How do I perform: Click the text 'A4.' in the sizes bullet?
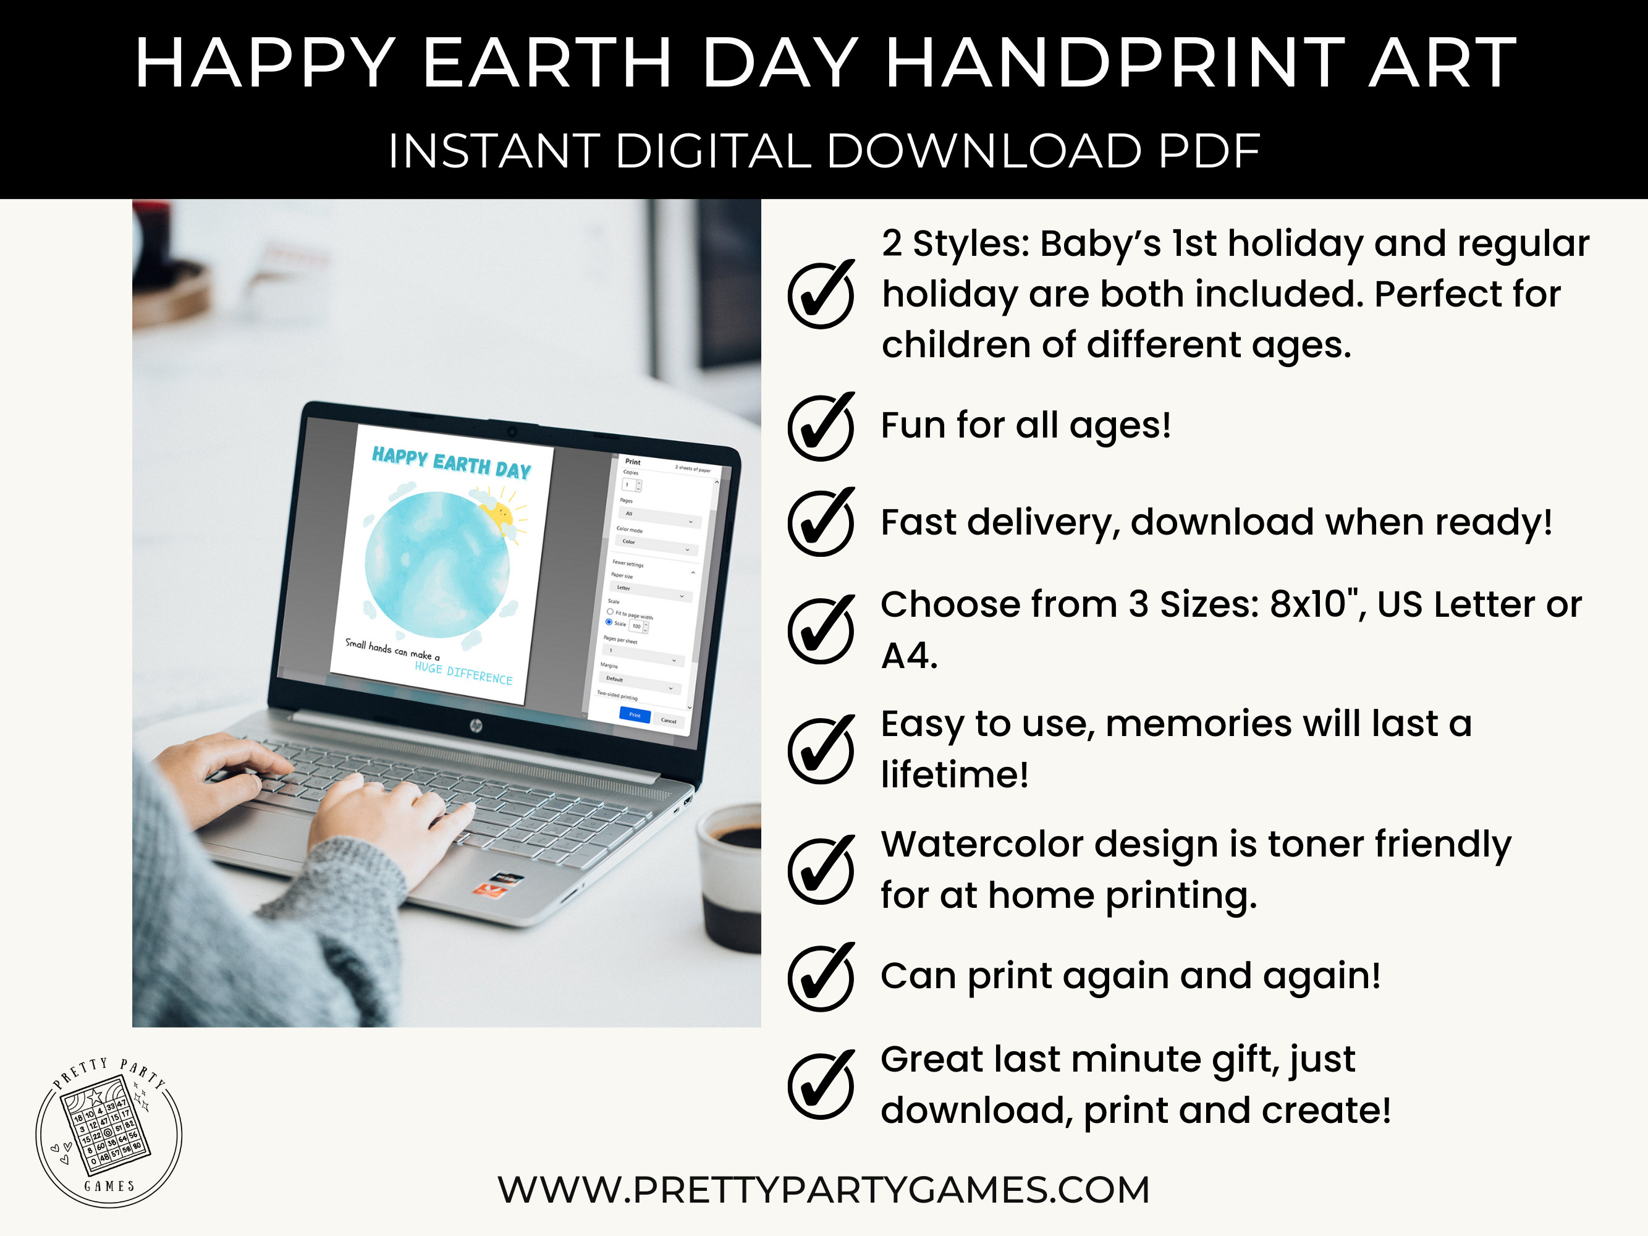tap(909, 656)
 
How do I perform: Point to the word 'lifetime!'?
tap(954, 775)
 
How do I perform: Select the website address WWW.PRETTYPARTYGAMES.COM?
tap(823, 1190)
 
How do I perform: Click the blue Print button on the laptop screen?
tap(635, 715)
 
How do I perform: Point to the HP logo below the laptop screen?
tap(476, 726)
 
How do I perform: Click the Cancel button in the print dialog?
tap(669, 721)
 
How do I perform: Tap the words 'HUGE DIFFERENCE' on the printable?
tap(463, 673)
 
